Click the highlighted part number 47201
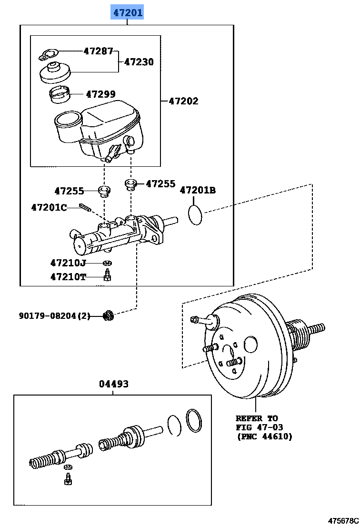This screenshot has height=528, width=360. [127, 12]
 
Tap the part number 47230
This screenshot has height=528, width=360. [139, 62]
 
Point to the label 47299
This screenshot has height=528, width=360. [100, 94]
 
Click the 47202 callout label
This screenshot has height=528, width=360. [183, 101]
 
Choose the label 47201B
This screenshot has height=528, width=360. [198, 191]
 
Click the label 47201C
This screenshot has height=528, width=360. [49, 207]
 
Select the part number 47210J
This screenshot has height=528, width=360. [68, 263]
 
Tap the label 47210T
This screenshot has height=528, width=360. [68, 277]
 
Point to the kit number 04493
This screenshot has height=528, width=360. [114, 384]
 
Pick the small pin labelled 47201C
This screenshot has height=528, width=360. [86, 208]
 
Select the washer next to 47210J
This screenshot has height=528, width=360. [108, 263]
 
